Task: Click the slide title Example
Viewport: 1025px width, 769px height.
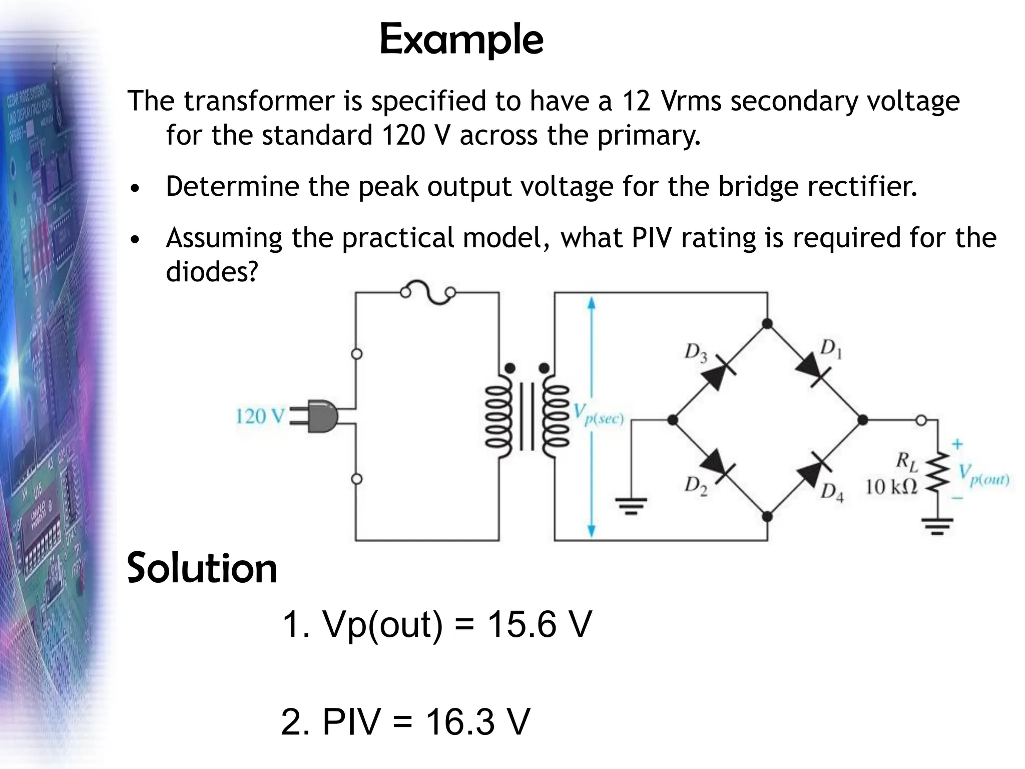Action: [x=461, y=40]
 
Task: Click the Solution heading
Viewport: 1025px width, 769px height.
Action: [x=202, y=568]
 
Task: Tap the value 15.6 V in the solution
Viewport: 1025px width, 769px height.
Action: [x=539, y=624]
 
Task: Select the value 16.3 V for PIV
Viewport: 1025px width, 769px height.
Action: [x=477, y=721]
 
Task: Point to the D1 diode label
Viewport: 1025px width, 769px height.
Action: [x=831, y=349]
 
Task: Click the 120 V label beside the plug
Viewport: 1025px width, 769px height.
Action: [x=260, y=417]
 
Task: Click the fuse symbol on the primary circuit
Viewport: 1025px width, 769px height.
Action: [x=428, y=292]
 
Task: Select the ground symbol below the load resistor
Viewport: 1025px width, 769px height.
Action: [x=937, y=526]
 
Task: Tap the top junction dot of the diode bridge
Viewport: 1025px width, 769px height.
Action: [x=767, y=324]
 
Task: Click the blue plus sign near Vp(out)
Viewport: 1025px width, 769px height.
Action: [x=957, y=444]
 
